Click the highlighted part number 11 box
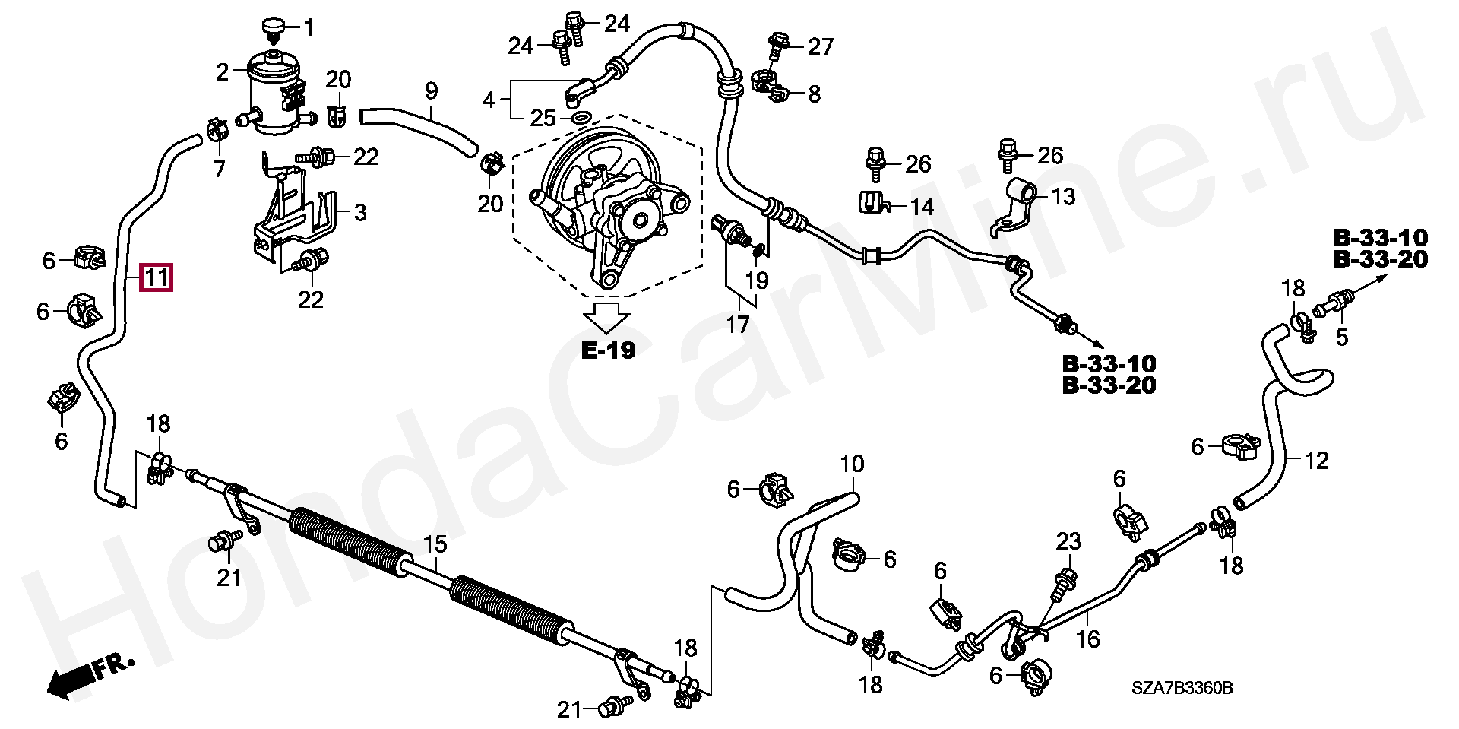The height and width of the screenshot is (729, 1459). click(157, 278)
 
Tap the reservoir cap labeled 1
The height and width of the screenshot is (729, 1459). click(272, 28)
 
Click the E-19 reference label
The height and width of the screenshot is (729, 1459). click(608, 350)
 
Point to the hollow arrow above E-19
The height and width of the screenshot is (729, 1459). click(609, 318)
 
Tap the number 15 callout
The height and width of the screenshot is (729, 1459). click(436, 545)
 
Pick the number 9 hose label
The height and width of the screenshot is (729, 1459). click(431, 92)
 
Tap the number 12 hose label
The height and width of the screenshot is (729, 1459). click(1317, 460)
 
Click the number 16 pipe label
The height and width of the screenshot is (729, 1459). click(1089, 639)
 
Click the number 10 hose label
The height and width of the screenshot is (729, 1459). click(852, 463)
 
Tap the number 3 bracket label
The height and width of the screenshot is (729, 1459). click(359, 212)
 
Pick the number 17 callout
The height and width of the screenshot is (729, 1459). click(737, 325)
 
